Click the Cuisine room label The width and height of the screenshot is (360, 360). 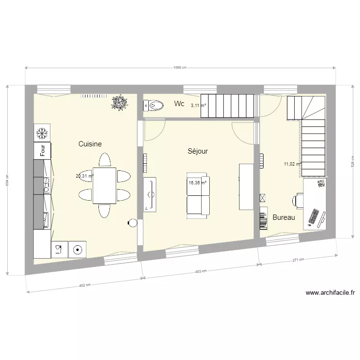click(90, 144)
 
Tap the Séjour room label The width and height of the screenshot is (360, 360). click(197, 151)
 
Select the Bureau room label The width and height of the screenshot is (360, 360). click(284, 217)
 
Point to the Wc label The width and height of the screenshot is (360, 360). click(179, 104)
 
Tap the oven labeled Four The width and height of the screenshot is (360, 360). click(42, 150)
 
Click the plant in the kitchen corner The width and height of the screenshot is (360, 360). click(119, 102)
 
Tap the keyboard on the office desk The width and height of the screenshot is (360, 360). click(314, 217)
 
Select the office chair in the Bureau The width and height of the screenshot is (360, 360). click(299, 200)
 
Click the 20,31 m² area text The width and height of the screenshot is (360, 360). click(84, 176)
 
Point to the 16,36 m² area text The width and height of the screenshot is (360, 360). click(197, 182)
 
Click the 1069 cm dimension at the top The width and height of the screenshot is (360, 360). click(180, 68)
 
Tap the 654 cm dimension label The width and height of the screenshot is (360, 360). click(7, 180)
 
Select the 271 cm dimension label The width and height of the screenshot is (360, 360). click(299, 260)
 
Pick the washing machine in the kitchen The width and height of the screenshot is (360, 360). click(77, 249)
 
